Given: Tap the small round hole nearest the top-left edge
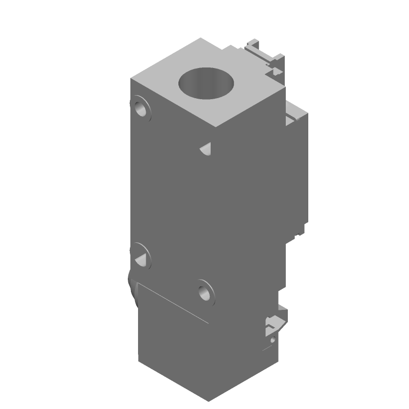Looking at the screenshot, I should [141, 108].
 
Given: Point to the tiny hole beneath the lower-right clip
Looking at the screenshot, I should [273, 338].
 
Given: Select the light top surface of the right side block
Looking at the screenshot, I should [294, 110].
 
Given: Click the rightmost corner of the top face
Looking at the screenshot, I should [284, 87].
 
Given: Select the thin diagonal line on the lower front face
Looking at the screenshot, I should [174, 304].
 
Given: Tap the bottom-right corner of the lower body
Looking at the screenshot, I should [279, 361].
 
